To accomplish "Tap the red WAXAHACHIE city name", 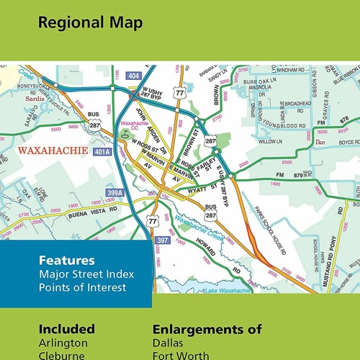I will pos(52,152).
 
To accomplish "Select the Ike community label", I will pos(319,143).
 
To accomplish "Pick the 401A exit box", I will pos(102,152).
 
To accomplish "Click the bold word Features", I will pos(66,261).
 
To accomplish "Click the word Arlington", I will pos(63,343).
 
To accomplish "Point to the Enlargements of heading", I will pos(207,329).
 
